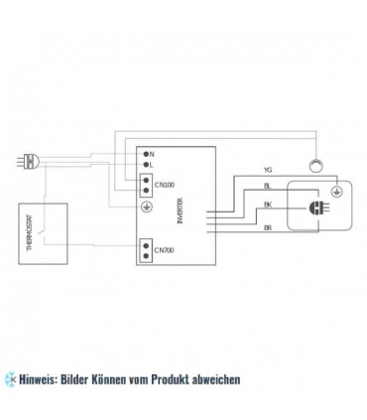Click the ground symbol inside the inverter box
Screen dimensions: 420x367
[149, 206]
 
